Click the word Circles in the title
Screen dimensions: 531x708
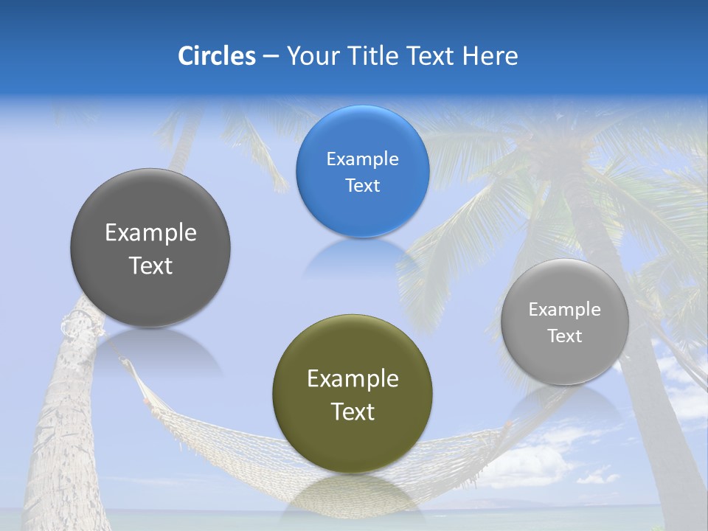(217, 56)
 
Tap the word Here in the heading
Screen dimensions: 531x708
(490, 56)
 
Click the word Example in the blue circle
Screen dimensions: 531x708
(362, 159)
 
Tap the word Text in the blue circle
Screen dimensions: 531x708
(362, 186)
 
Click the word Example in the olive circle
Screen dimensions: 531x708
(353, 379)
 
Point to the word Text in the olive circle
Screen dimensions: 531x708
(353, 412)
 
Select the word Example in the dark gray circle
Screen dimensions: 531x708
(150, 233)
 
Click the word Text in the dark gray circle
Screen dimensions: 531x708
(150, 265)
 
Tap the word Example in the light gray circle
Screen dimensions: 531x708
(564, 310)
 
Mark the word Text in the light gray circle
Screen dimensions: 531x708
(564, 336)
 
